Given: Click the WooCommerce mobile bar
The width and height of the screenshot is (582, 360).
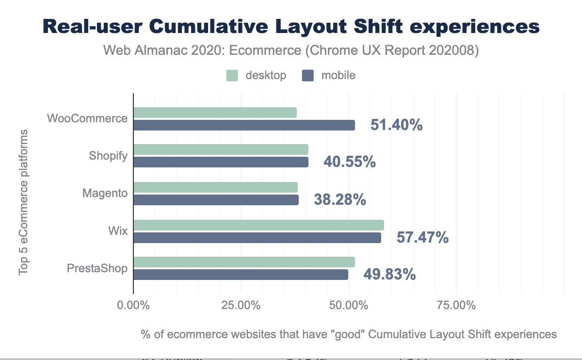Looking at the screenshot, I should (244, 125).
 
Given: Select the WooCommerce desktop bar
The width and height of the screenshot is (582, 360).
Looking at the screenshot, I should (215, 113).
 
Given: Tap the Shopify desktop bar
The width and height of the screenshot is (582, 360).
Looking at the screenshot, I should (221, 149).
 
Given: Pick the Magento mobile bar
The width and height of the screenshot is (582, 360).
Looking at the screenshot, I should (216, 200).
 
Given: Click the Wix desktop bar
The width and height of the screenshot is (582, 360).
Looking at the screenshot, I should (259, 225).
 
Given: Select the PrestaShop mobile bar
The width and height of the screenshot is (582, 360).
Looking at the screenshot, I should (241, 275).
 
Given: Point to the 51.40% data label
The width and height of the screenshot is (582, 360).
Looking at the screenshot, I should (396, 125).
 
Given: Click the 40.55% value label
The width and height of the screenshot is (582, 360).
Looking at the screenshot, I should (349, 162).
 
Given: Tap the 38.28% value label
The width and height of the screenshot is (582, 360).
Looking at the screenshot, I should (339, 199).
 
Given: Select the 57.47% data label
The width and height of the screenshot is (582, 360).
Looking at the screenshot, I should (422, 237).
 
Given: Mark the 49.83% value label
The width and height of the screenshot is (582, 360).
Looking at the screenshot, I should (389, 275).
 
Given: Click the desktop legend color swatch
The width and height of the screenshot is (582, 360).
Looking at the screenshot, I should (232, 75).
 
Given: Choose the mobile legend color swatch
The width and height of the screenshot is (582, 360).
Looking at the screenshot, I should (308, 75).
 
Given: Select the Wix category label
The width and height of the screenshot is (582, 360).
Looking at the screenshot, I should (118, 231).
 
